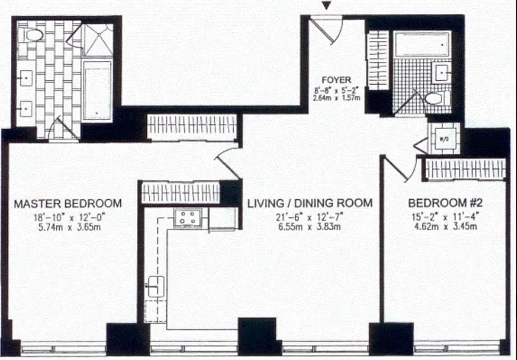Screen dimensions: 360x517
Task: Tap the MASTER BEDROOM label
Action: [x=67, y=203]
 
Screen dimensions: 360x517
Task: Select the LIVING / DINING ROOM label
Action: [x=310, y=203]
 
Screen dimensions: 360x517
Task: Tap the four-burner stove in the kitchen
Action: [x=187, y=218]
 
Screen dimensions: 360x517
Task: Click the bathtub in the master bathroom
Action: [x=98, y=90]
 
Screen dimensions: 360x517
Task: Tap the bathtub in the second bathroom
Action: [x=422, y=44]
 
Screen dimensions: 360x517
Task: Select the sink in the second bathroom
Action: [x=441, y=71]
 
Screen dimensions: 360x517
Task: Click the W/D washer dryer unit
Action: [x=443, y=139]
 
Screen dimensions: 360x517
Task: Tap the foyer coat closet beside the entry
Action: [x=378, y=60]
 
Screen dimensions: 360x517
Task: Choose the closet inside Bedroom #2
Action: [x=465, y=169]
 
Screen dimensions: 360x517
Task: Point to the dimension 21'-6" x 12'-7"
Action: [x=310, y=218]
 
